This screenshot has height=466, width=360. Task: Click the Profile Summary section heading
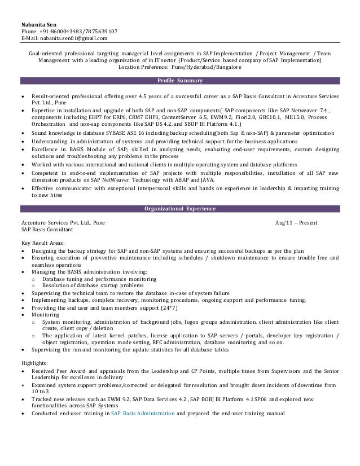pyautogui.click(x=179, y=81)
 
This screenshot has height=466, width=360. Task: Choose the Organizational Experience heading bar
pyautogui.click(x=179, y=209)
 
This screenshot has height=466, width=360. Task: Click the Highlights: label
pyautogui.click(x=34, y=363)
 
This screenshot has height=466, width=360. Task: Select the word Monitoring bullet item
pyautogui.click(x=46, y=314)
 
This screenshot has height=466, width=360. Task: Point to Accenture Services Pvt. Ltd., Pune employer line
pyautogui.click(x=62, y=223)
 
